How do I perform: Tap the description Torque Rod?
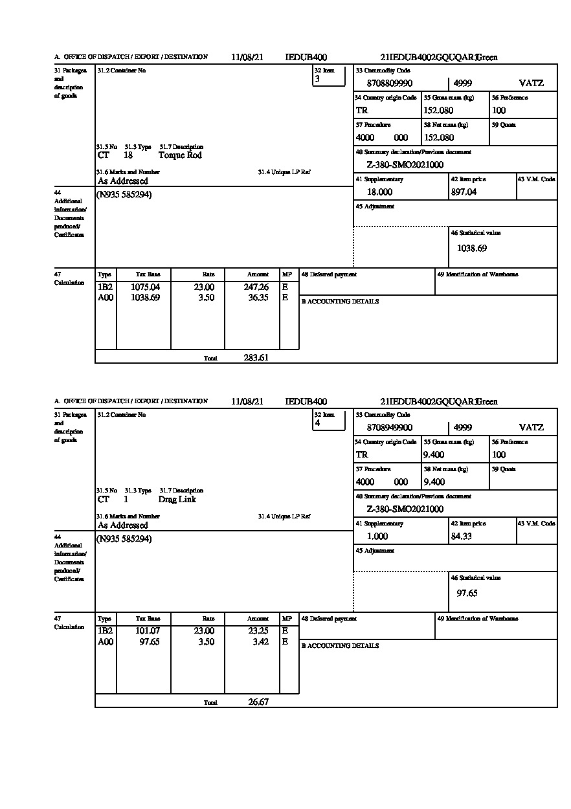pos(180,155)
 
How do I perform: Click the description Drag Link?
pos(177,500)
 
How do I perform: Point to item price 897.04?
pos(464,192)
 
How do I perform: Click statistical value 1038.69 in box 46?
pos(472,248)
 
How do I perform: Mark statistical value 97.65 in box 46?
pos(467,593)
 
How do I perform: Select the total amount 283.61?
pos(256,358)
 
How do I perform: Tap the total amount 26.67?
pos(258,702)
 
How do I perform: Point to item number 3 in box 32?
pos(317,80)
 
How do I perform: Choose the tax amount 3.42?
pos(262,642)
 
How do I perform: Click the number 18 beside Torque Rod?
pos(128,155)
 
